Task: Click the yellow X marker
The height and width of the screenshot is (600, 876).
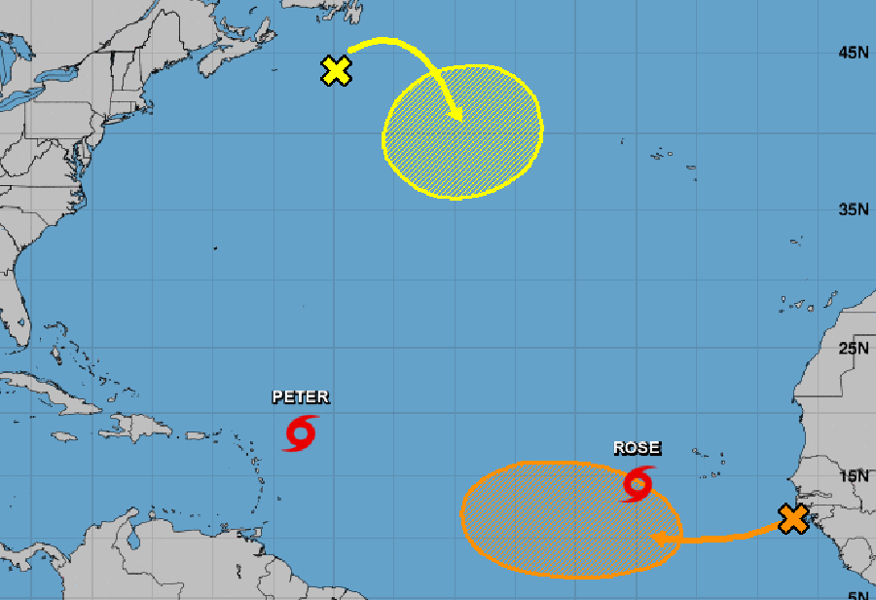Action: [336, 70]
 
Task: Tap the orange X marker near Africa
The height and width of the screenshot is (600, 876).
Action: [793, 519]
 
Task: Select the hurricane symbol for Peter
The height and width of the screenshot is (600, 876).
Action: [301, 433]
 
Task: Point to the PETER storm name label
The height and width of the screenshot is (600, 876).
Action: [300, 396]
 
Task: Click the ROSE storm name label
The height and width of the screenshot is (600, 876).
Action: [637, 448]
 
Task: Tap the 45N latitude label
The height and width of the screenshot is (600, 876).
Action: [853, 53]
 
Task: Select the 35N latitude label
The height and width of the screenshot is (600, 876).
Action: [853, 209]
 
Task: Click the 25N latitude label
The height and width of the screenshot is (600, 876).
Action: [853, 349]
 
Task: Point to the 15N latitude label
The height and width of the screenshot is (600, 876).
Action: [853, 476]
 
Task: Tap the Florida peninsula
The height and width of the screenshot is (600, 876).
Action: [15, 312]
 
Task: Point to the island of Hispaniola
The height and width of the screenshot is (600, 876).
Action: [136, 427]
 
